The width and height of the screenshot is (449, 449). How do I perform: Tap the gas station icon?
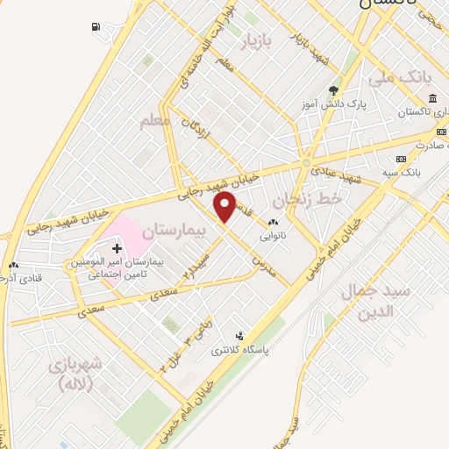pyautogui.click(x=94, y=26)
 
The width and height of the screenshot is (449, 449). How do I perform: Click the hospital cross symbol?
pyautogui.click(x=118, y=250)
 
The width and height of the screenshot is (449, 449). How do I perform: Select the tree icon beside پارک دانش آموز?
pyautogui.click(x=332, y=90)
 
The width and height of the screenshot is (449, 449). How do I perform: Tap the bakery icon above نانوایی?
pyautogui.click(x=273, y=223)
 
